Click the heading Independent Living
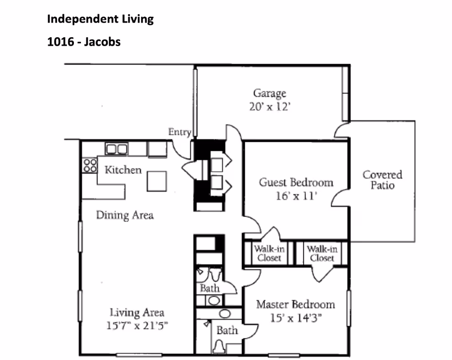(100, 19)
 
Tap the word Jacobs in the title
(103, 42)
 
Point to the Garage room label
(269, 93)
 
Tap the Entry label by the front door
(179, 132)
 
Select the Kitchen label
(123, 170)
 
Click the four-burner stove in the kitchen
(89, 165)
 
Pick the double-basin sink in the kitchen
(116, 149)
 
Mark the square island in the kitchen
(157, 181)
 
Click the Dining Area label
(125, 215)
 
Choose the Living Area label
(137, 312)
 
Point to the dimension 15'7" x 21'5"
(137, 325)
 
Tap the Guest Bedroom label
(296, 182)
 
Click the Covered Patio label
(382, 180)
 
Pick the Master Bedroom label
(295, 304)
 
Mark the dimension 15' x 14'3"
(295, 318)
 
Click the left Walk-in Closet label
(269, 253)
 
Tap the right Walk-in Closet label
(322, 253)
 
